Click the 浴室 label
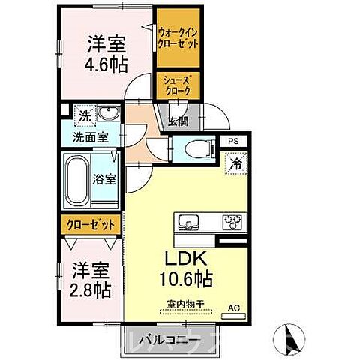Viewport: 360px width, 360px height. (x=105, y=180)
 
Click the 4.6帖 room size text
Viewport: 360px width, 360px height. (x=104, y=64)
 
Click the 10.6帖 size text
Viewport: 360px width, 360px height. (x=184, y=279)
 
